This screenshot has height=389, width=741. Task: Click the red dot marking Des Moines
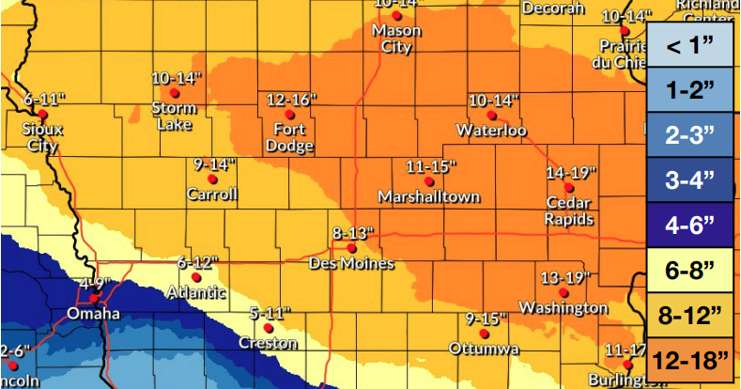(350, 248)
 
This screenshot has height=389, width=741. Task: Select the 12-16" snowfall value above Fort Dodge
(292, 99)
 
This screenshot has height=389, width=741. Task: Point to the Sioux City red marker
(42, 114)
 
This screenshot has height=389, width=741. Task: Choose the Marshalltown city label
(428, 196)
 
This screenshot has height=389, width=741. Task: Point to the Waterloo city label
(491, 130)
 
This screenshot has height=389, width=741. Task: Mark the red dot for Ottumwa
(485, 334)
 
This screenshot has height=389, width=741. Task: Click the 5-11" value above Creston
(270, 312)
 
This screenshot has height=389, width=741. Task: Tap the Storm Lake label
(174, 116)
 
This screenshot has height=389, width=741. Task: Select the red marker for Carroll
(213, 179)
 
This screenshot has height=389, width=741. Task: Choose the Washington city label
(563, 308)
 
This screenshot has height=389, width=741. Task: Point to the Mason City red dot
(397, 16)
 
